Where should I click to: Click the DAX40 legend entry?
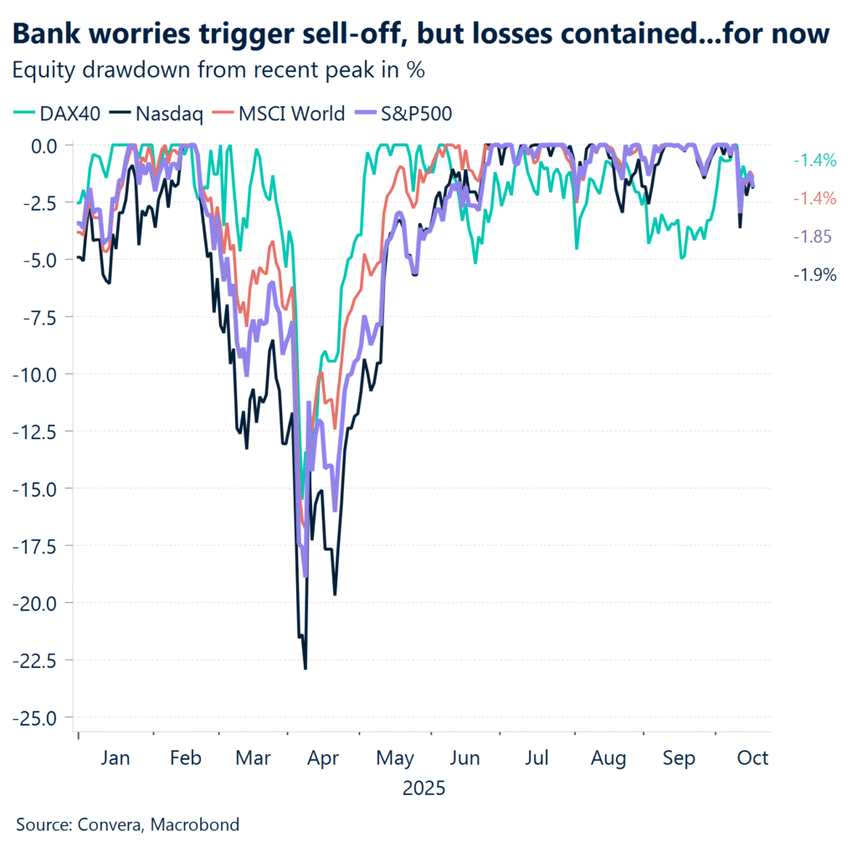[x=58, y=114]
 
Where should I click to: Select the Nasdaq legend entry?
[x=166, y=114]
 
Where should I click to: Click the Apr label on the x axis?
[x=322, y=758]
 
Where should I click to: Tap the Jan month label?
[x=115, y=758]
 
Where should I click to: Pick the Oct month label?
[x=752, y=758]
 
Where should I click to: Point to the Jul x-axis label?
[x=536, y=758]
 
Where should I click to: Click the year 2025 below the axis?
[x=423, y=788]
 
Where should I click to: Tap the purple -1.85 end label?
[x=812, y=237]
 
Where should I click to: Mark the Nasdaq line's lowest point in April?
[x=305, y=668]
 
